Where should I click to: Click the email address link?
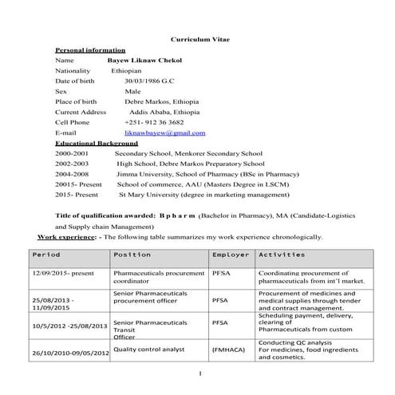coord(165,132)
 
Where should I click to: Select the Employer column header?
coord(231,255)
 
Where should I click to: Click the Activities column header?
coord(282,255)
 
